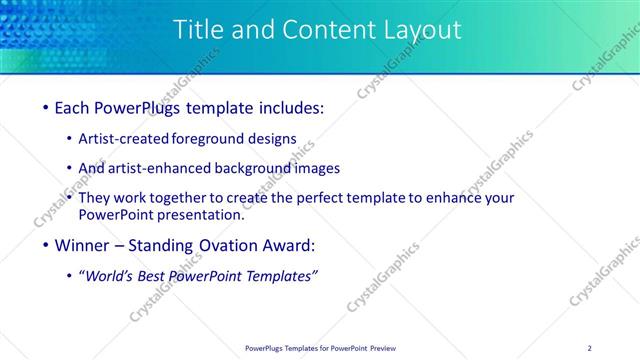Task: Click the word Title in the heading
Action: pos(199,30)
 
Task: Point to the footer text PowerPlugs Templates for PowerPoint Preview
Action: pos(319,348)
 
